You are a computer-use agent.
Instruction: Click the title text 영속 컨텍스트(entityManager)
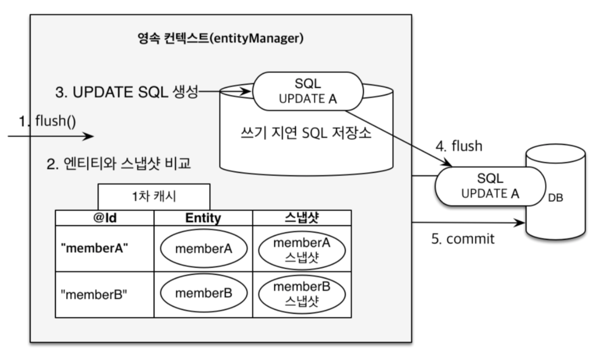point(220,38)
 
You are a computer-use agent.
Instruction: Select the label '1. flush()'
point(48,121)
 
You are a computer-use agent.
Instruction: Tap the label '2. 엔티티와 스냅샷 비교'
point(119,164)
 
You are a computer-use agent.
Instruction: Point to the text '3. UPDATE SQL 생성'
point(127,92)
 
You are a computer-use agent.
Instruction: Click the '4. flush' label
point(459,146)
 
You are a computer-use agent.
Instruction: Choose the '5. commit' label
point(463,239)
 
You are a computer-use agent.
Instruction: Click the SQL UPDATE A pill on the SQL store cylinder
point(308,91)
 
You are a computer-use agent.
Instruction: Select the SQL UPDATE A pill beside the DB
point(490,186)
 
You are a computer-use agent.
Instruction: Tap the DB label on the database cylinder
point(555,198)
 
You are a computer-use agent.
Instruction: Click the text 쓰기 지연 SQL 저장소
point(306,133)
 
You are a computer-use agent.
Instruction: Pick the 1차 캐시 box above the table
point(154,196)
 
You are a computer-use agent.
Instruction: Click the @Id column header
point(105,218)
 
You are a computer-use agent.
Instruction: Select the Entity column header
point(203,218)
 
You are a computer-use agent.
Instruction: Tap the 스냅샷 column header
point(302,218)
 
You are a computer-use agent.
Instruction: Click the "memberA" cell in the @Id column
point(94,248)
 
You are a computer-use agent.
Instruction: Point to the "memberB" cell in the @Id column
point(94,294)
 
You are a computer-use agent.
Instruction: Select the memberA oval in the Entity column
point(204,249)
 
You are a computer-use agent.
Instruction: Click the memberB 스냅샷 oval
point(302,294)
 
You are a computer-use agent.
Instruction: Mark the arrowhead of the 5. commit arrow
point(521,223)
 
